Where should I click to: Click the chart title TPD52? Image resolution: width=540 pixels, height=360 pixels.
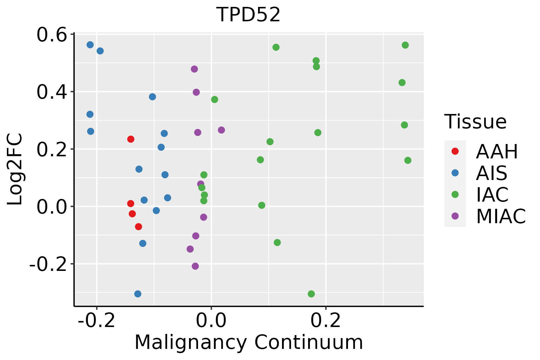(248, 15)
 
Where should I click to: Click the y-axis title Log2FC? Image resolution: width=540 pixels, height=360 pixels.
(15, 169)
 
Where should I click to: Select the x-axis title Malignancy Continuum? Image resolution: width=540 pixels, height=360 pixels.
(249, 342)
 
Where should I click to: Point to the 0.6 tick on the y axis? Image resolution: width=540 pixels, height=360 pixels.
(51, 35)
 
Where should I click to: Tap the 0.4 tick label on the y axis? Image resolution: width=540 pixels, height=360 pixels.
(51, 92)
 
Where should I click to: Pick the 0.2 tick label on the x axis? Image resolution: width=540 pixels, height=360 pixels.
(326, 321)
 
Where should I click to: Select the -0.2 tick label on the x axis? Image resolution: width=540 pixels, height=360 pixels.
(97, 321)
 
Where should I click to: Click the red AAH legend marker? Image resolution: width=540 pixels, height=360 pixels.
(455, 151)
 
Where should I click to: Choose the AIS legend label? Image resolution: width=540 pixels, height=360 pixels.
(492, 173)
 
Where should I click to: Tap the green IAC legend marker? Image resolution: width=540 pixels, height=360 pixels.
(455, 194)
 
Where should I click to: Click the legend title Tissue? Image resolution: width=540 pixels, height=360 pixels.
(475, 122)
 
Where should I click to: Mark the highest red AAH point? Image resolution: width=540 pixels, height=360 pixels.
(131, 139)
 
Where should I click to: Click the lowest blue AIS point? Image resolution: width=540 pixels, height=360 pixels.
(138, 294)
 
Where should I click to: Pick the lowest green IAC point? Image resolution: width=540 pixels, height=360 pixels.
(311, 294)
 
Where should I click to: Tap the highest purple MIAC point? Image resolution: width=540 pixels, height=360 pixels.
(194, 69)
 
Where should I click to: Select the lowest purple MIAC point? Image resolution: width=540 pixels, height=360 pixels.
(195, 266)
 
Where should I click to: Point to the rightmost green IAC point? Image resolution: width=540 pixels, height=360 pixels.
(408, 160)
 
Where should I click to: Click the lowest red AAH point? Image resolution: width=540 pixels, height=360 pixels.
(138, 226)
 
